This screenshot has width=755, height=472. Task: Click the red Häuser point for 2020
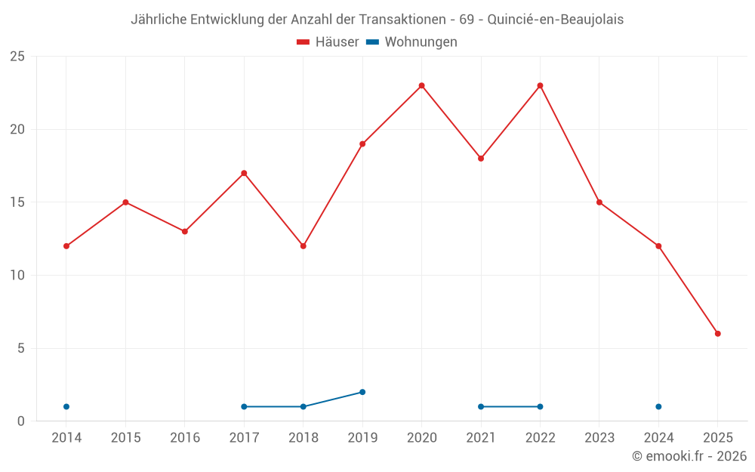pos(421,85)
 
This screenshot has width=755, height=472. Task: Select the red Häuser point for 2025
pos(718,333)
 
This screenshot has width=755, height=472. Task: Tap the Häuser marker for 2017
pos(244,173)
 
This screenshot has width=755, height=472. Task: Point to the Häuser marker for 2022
pos(540,85)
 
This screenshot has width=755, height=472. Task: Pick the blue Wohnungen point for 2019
pos(362,392)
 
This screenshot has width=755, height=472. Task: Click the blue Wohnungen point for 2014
pos(66,406)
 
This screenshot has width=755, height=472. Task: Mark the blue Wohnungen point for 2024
pos(658,406)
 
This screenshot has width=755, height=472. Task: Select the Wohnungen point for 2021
pos(481,406)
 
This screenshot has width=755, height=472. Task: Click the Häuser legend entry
pos(328,42)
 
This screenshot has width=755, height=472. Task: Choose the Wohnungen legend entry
pos(412,42)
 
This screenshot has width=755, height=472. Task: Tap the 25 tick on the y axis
pos(17,57)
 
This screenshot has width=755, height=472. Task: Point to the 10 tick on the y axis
pos(17,276)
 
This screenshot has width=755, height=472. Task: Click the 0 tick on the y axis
pos(21,421)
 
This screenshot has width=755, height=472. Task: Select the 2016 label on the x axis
pos(185,438)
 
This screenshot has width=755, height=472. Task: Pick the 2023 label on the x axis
pos(599,438)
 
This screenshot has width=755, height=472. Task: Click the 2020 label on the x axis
pos(421,438)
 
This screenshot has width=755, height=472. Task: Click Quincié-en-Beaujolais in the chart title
pos(556,20)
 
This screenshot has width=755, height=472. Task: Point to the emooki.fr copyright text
pos(689,456)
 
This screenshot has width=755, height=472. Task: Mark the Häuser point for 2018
pos(303,246)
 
